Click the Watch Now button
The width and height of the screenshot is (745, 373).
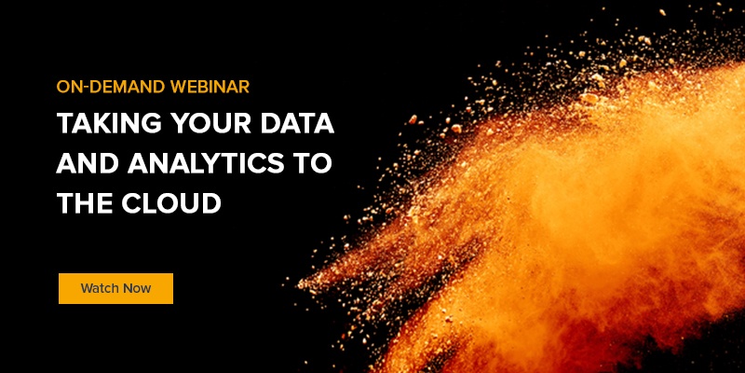pos(115,288)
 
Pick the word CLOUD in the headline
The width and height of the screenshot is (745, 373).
pos(170,202)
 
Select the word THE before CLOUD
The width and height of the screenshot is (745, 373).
pos(85,202)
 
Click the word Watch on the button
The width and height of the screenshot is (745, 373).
pos(99,288)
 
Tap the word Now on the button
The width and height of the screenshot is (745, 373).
pos(136,288)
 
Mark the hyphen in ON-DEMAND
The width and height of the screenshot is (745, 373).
pos(84,88)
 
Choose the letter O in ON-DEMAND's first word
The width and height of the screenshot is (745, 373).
pos(63,87)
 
